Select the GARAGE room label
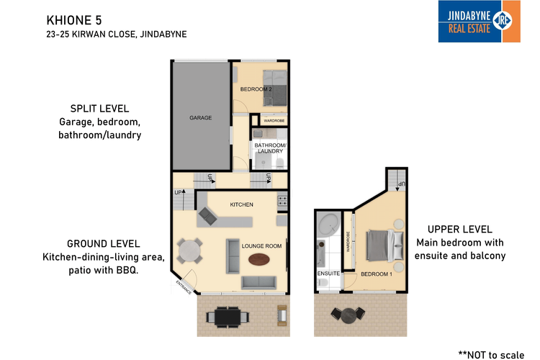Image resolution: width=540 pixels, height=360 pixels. click(x=200, y=117)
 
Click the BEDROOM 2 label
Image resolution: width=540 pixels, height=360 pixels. click(x=256, y=89)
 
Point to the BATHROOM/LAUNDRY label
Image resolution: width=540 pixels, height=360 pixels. click(x=270, y=148)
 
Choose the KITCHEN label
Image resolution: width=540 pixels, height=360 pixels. click(x=241, y=205)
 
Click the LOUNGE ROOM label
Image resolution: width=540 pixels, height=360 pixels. click(x=261, y=246)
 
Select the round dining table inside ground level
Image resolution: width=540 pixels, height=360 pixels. click(x=191, y=251)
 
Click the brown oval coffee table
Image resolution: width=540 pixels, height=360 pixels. click(x=257, y=282)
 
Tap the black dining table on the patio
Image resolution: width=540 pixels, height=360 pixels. click(x=228, y=315)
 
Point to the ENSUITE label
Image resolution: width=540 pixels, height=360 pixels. click(x=328, y=274)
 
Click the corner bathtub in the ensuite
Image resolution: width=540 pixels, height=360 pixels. click(x=330, y=225)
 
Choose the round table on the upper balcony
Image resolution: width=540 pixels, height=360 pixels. click(x=348, y=314)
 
